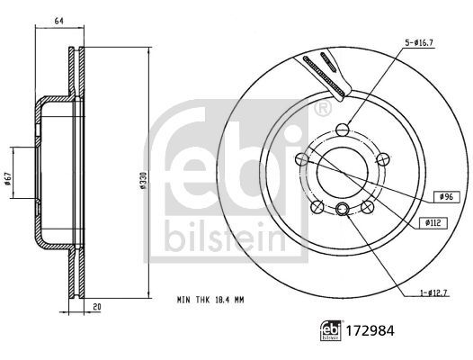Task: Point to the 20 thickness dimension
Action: (x=97, y=306)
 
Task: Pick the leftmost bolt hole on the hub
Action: (x=299, y=159)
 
